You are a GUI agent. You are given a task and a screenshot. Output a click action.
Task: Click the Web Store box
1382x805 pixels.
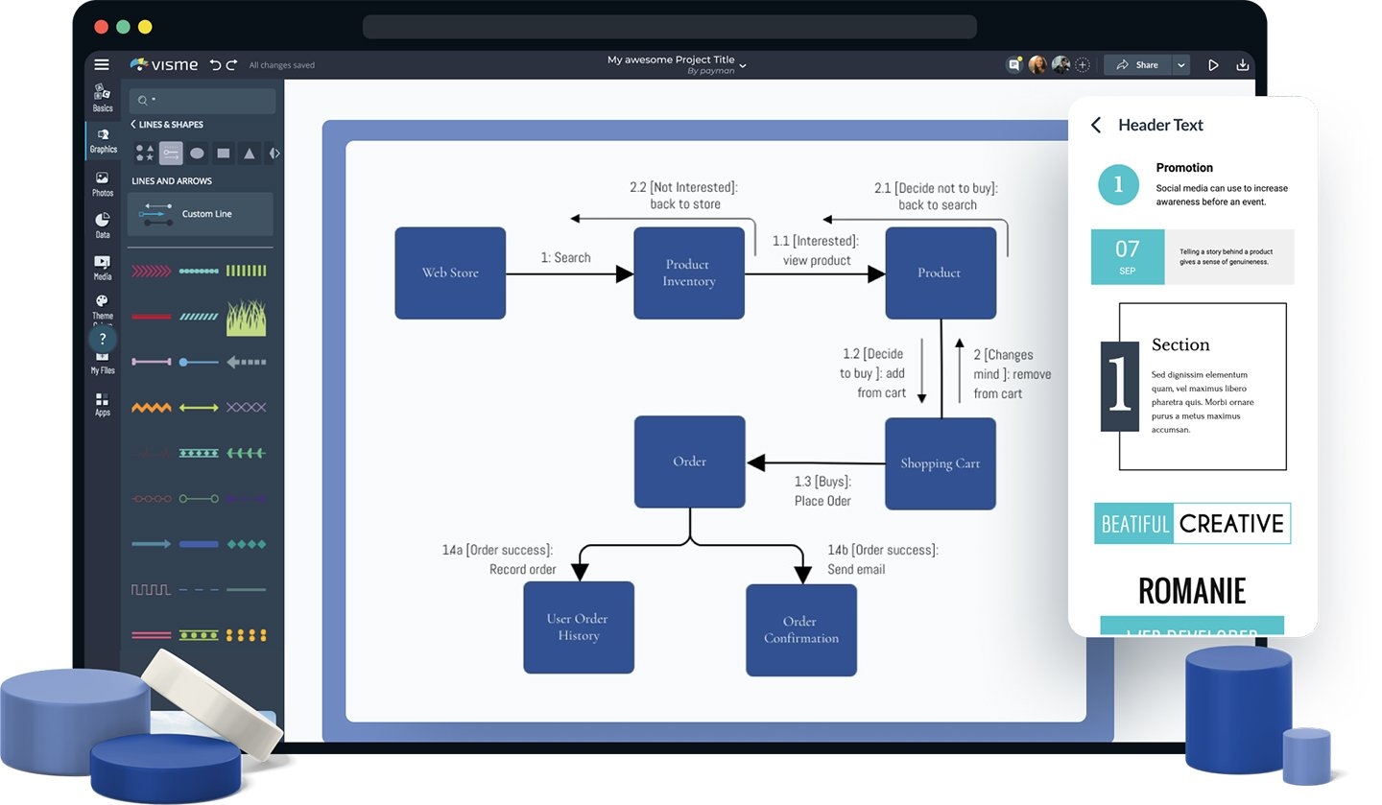click(x=450, y=272)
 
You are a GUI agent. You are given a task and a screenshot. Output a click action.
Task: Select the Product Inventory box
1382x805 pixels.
click(x=688, y=272)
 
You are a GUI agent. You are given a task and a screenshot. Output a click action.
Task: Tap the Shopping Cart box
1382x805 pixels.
click(x=940, y=463)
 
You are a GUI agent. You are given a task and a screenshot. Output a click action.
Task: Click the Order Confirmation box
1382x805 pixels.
click(x=800, y=629)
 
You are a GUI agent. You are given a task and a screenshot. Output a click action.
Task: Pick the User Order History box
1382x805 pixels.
click(x=578, y=627)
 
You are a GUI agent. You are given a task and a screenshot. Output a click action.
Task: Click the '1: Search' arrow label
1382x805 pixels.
click(x=565, y=257)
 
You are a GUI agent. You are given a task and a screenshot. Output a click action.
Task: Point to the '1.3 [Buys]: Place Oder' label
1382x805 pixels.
click(x=822, y=490)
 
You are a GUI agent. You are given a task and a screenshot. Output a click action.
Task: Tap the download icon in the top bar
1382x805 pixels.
click(x=1243, y=65)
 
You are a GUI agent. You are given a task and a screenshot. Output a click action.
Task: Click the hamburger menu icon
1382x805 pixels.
click(x=102, y=65)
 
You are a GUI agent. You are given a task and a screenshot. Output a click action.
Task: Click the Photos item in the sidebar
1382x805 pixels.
click(x=102, y=183)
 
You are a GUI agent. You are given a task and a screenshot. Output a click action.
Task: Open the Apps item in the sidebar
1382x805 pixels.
click(x=102, y=404)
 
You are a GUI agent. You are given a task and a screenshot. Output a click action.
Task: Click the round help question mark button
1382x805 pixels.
click(x=103, y=339)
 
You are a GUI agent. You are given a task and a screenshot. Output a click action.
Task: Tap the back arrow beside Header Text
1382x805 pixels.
click(x=1096, y=125)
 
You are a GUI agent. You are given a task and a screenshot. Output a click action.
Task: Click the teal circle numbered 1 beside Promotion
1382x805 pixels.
click(x=1118, y=183)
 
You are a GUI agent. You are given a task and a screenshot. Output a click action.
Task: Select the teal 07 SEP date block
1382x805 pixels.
click(x=1128, y=256)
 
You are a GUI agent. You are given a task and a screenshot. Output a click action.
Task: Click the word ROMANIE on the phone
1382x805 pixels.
click(x=1191, y=590)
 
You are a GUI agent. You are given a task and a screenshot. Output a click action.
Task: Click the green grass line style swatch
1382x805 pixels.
click(x=246, y=317)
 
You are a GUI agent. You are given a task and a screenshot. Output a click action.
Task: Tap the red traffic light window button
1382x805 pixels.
click(x=102, y=27)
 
